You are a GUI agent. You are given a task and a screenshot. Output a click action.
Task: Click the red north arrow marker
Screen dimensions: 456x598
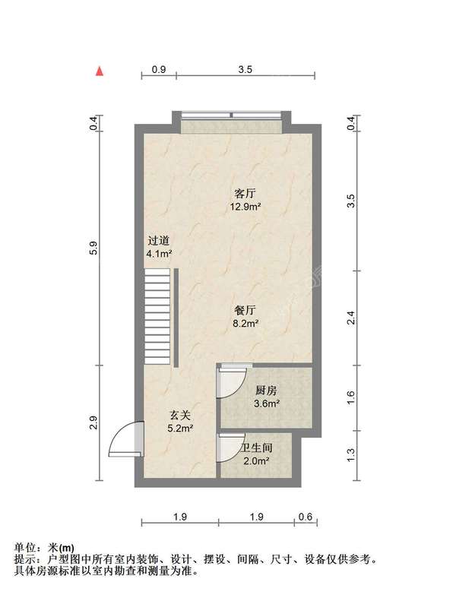pyautogui.click(x=100, y=71)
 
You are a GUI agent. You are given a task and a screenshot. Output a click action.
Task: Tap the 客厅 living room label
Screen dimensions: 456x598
pyautogui.click(x=245, y=193)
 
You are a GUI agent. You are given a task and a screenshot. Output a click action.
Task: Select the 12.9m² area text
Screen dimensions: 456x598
pyautogui.click(x=245, y=207)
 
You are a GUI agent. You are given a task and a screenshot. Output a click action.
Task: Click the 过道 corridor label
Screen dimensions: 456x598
pyautogui.click(x=158, y=241)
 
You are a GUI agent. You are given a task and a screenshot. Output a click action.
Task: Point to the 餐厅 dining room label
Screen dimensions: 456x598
pyautogui.click(x=245, y=311)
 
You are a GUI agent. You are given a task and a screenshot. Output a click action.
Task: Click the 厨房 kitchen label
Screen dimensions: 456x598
pyautogui.click(x=266, y=390)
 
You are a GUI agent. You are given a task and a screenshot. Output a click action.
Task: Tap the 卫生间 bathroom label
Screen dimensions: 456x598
pyautogui.click(x=257, y=448)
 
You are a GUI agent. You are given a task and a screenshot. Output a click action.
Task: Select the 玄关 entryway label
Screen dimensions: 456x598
pyautogui.click(x=179, y=415)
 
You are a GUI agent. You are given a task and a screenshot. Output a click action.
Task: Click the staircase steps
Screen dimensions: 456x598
pyautogui.click(x=157, y=316)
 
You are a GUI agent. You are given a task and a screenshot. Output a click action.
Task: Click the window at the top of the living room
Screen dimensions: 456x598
pyautogui.click(x=231, y=115)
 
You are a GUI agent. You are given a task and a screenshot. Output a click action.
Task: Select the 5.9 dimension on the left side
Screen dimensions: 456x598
pyautogui.click(x=95, y=248)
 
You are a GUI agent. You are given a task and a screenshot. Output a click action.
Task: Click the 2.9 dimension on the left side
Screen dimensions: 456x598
pyautogui.click(x=95, y=422)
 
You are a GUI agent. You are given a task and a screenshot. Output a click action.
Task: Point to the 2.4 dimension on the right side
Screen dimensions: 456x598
pyautogui.click(x=351, y=318)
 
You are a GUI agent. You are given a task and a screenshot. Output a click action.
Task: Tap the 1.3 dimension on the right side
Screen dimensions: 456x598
pyautogui.click(x=351, y=454)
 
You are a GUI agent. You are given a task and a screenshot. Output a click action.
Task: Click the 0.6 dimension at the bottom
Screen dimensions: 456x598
pyautogui.click(x=306, y=517)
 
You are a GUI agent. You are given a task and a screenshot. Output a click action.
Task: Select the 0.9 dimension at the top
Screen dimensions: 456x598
pyautogui.click(x=159, y=69)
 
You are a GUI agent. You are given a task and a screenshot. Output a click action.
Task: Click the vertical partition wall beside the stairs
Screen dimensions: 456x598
pyautogui.click(x=176, y=318)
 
